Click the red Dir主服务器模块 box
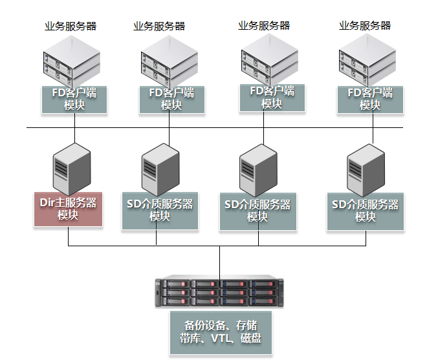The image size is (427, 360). (68, 208)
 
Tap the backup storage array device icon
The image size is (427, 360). (219, 291)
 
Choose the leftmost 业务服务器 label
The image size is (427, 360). (71, 26)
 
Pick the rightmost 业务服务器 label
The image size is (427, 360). (365, 26)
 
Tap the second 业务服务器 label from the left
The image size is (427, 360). (159, 26)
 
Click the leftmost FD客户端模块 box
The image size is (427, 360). (74, 99)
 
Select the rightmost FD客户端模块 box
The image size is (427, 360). (370, 99)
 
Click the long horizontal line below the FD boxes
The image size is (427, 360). (213, 127)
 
